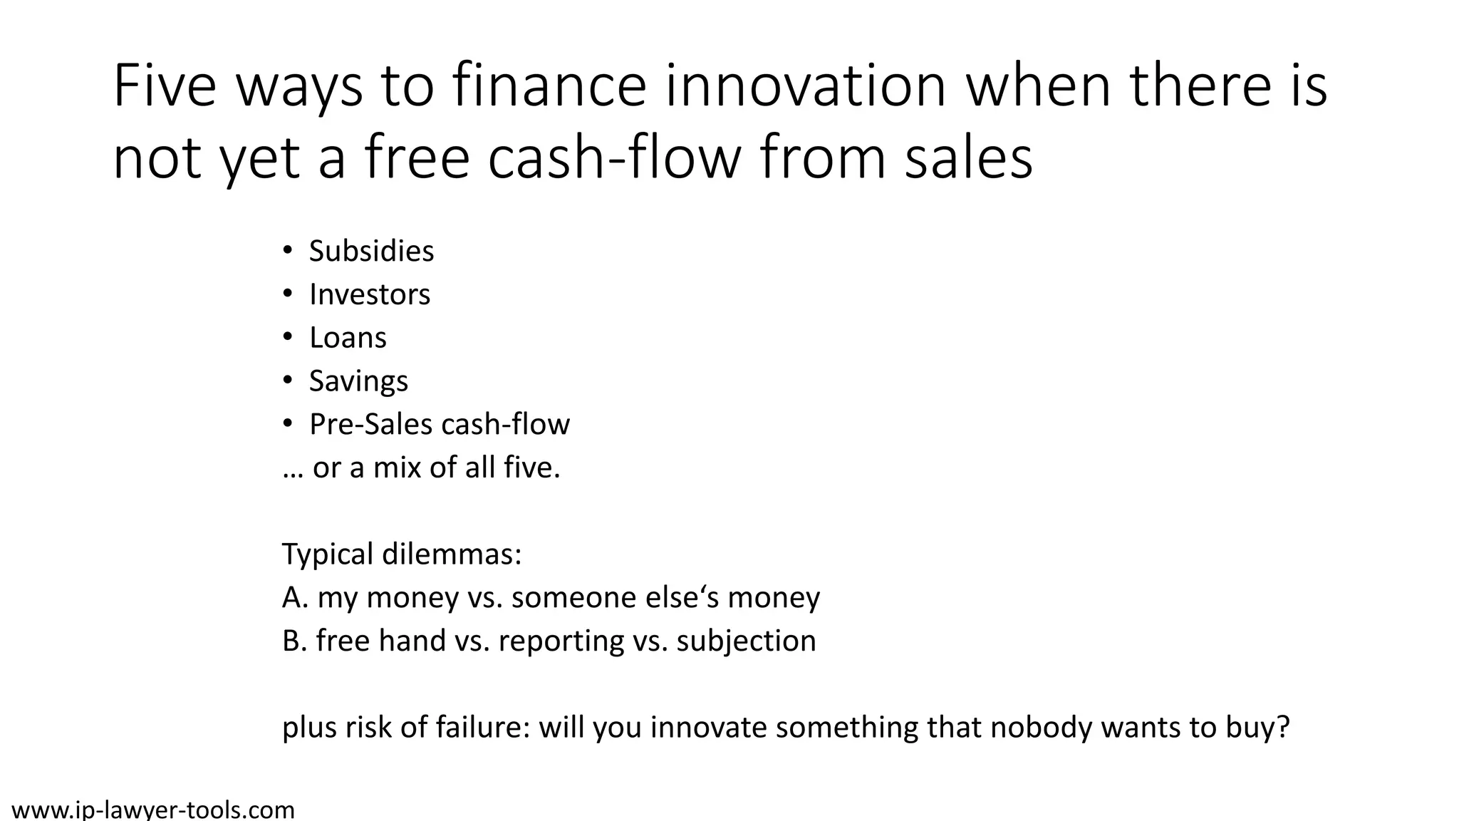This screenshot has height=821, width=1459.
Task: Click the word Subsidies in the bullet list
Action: pos(371,252)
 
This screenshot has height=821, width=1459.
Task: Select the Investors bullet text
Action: pos(370,295)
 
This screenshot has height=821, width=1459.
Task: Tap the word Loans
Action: pos(348,339)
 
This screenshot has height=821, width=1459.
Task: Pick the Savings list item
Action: pos(358,382)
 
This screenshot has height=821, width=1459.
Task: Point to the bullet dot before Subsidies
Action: pos(287,250)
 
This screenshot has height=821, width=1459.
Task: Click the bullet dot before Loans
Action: pos(287,337)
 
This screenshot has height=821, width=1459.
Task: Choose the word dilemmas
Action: pos(452,554)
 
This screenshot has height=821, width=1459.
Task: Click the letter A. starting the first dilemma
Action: pos(295,597)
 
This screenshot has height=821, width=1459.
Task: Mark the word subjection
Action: pos(746,641)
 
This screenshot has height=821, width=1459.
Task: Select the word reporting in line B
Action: pos(561,641)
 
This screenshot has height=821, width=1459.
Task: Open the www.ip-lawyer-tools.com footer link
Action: pos(153,810)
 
